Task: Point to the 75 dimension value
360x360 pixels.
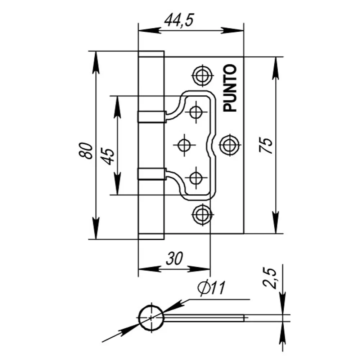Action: tap(267, 146)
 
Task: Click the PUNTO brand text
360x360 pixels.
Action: tap(230, 88)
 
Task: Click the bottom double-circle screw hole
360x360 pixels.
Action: tap(201, 215)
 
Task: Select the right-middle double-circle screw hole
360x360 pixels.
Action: tap(229, 145)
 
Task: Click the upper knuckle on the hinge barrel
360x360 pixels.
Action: tap(151, 116)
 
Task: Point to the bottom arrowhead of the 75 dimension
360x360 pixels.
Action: tap(276, 225)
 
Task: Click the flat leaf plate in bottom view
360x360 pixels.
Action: tap(205, 318)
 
